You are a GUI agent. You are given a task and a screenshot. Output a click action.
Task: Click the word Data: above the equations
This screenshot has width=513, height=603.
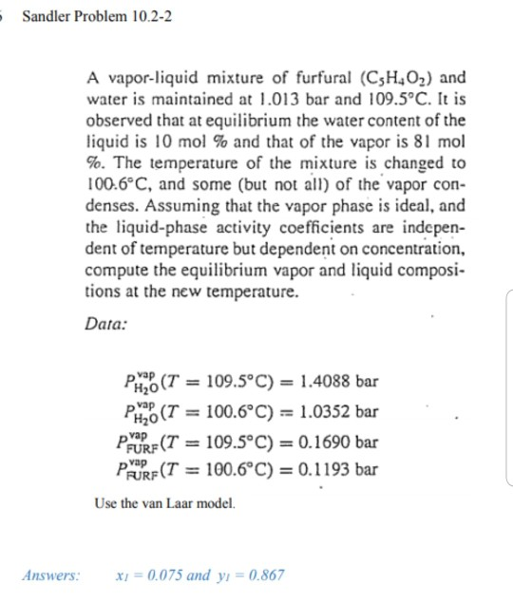click(104, 322)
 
